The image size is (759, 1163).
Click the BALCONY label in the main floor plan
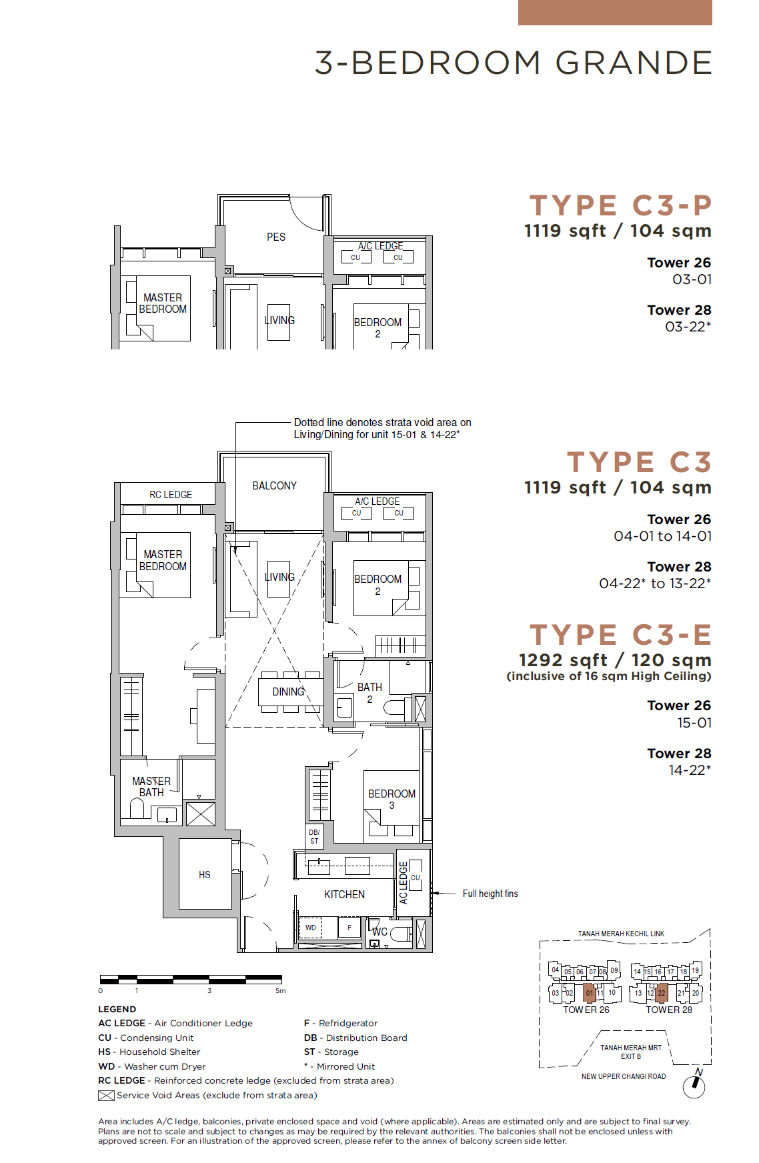tap(274, 485)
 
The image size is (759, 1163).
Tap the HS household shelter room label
tap(205, 874)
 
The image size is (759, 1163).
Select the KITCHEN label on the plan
tap(344, 894)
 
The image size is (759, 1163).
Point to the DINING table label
tap(288, 692)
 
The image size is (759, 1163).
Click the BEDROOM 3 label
tap(392, 799)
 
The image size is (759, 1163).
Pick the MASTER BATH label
tap(151, 786)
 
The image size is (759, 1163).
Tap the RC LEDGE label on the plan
tap(171, 494)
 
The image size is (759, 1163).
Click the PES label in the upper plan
tap(276, 237)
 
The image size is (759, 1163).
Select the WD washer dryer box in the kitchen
tap(310, 928)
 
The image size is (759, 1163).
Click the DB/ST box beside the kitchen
tap(314, 837)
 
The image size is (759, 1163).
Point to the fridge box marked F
tap(349, 928)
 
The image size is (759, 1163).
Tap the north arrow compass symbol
tap(695, 1084)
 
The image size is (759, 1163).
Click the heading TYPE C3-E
tap(620, 635)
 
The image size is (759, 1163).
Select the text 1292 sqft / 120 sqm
tap(615, 660)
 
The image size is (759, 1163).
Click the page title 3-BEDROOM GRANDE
tap(513, 63)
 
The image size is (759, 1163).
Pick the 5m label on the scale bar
tap(281, 991)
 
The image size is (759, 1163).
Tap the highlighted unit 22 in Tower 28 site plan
tap(662, 992)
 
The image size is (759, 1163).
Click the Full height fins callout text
tap(490, 894)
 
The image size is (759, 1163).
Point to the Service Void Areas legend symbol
tap(106, 1095)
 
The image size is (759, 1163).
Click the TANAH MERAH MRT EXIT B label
tap(631, 1052)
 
